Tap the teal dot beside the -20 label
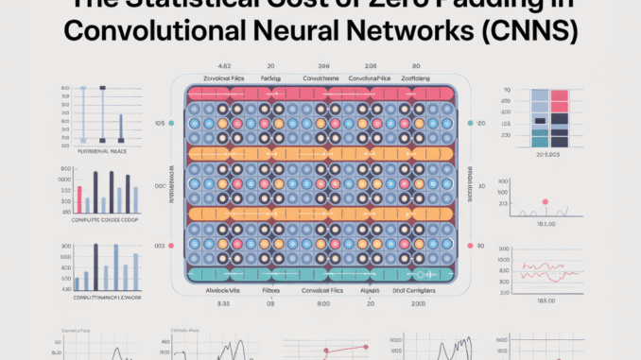click(x=469, y=124)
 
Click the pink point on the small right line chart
click(x=545, y=201)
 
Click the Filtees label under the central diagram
click(x=271, y=292)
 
